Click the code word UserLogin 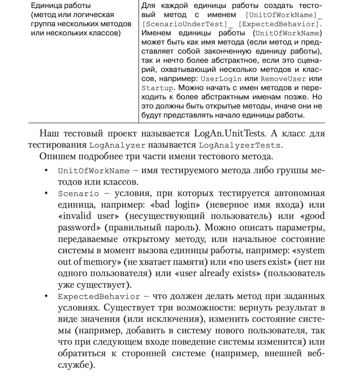pyautogui.click(x=221, y=79)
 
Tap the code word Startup pyautogui.click(x=158, y=88)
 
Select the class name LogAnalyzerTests pyautogui.click(x=240, y=145)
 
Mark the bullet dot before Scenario pyautogui.click(x=46, y=194)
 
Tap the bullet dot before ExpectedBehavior pyautogui.click(x=46, y=296)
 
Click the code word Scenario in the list pyautogui.click(x=78, y=194)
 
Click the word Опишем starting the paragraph pyautogui.click(x=55, y=156)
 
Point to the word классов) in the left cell pyautogui.click(x=106, y=33)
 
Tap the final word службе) pyautogui.click(x=77, y=365)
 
